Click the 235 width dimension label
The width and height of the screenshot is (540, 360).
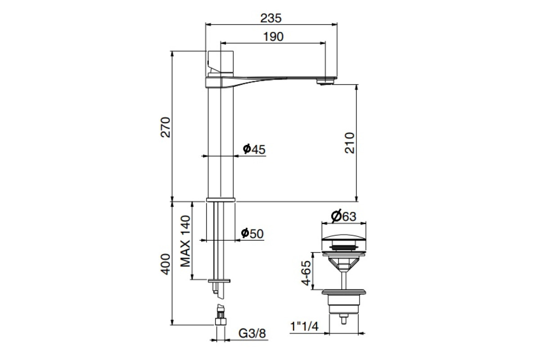[271, 18]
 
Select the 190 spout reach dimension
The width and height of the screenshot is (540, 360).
[273, 36]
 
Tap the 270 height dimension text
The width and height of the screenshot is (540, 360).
[166, 127]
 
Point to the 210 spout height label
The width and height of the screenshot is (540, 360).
[350, 143]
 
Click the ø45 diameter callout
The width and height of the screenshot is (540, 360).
[254, 149]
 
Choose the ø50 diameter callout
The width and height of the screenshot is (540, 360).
[252, 234]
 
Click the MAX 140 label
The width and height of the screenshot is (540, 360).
[185, 241]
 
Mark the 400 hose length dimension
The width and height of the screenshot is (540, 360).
[166, 264]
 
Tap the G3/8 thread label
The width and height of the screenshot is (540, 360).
[252, 333]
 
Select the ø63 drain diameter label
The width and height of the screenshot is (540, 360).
[343, 216]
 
